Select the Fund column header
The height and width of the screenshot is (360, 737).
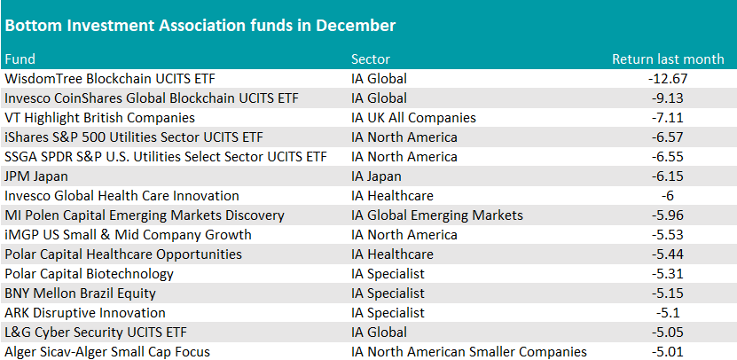[x=20, y=59]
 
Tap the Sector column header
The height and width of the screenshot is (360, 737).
[x=371, y=59]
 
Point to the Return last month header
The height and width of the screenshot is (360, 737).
[x=668, y=59]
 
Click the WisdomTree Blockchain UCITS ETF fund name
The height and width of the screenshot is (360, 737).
[x=110, y=79]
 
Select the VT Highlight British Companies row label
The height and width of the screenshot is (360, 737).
[x=100, y=118]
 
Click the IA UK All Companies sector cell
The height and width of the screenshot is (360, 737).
[x=413, y=118]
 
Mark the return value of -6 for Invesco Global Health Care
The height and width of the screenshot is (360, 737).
[x=668, y=196]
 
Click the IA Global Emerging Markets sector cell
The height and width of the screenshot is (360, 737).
[x=437, y=215]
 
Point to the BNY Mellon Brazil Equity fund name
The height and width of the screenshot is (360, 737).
[x=80, y=293]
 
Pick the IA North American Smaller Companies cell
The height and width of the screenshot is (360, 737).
[x=469, y=352]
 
